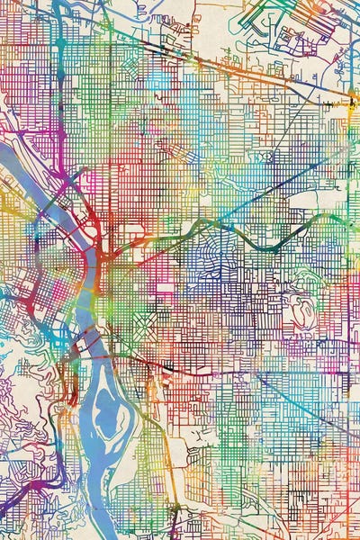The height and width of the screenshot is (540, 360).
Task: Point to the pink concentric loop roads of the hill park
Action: (301, 310)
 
